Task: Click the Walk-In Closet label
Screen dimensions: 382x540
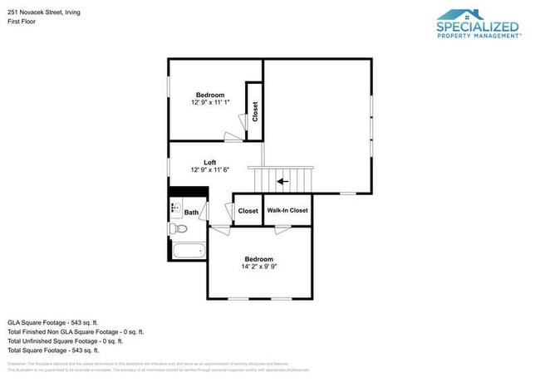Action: [x=287, y=211]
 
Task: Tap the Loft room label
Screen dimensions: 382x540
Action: [x=209, y=162]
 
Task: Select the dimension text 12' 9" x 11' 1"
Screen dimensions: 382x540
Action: [x=209, y=102]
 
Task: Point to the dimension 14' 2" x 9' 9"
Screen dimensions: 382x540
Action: [x=258, y=267]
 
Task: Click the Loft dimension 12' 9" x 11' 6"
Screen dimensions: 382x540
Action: [x=209, y=170]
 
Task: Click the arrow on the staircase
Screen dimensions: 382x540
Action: [x=282, y=179]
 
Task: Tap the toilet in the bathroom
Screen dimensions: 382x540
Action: [x=175, y=228]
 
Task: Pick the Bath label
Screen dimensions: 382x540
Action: [x=191, y=213]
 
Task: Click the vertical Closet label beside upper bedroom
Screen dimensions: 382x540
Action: [x=255, y=111]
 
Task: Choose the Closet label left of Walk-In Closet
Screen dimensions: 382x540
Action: [x=248, y=211]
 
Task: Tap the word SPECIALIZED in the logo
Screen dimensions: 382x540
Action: [x=478, y=27]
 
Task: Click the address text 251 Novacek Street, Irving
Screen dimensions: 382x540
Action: [x=42, y=11]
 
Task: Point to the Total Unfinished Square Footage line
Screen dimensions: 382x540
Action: [x=65, y=340]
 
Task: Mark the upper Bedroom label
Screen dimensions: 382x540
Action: [x=209, y=94]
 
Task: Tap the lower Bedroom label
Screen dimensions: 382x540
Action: [x=258, y=259]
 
